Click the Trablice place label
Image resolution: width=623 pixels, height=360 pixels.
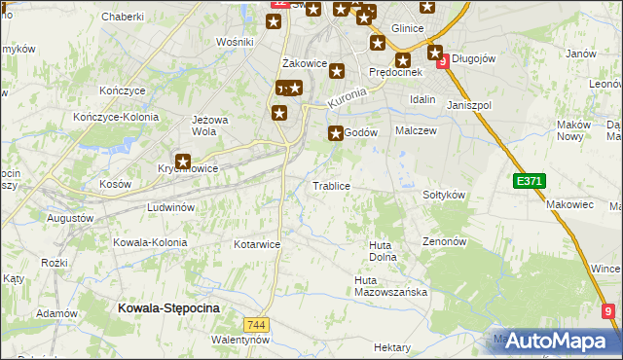coord(331,186)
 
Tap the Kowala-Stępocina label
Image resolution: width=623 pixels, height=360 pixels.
coord(168,307)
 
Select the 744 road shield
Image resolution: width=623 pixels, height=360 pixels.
coord(257,324)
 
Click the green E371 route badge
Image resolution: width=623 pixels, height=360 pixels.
coord(530,180)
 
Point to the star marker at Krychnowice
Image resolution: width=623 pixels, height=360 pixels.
coord(182,162)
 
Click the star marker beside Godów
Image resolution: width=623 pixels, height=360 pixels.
coord(337,133)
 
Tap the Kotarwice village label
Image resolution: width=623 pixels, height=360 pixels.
coord(257,244)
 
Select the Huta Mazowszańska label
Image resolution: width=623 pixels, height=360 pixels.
coord(390,286)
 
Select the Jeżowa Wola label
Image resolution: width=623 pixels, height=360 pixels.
coord(210,126)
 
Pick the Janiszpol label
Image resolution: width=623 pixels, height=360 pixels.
coord(469,104)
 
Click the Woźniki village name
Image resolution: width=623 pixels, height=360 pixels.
coord(235,42)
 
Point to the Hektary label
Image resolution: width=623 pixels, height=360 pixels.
coord(392,347)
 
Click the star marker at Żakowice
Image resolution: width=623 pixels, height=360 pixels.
coord(337,71)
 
